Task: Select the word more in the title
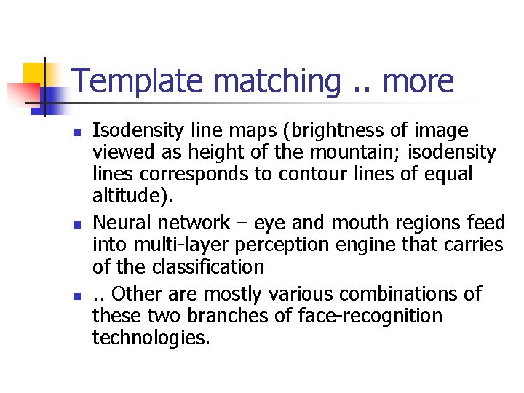tap(418, 82)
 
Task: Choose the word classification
tap(208, 266)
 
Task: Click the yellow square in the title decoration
tap(36, 74)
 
